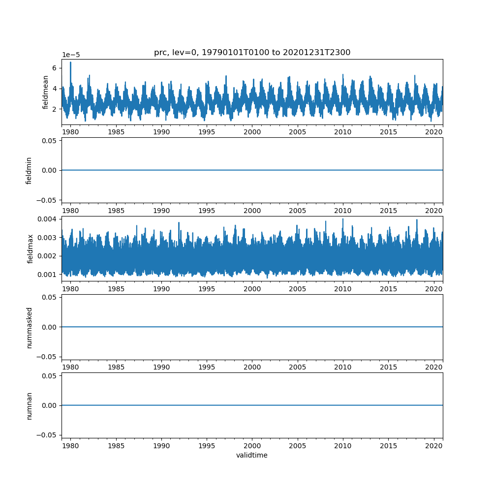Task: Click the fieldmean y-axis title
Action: tap(46, 92)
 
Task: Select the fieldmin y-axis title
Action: tap(29, 170)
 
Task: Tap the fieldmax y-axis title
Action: tap(31, 248)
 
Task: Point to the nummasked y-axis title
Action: tap(29, 327)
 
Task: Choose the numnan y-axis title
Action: tap(29, 405)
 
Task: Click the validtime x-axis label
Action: tap(252, 455)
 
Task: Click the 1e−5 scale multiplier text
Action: tap(71, 55)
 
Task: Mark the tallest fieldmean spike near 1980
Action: tap(70, 62)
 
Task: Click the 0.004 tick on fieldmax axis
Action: tap(50, 219)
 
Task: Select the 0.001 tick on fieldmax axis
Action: tap(50, 274)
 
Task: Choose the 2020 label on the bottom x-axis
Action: tap(434, 446)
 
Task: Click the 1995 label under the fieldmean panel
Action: tap(207, 132)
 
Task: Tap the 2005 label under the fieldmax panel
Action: tap(298, 289)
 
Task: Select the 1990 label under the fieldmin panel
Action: tap(161, 211)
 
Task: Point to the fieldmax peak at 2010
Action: tap(343, 219)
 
